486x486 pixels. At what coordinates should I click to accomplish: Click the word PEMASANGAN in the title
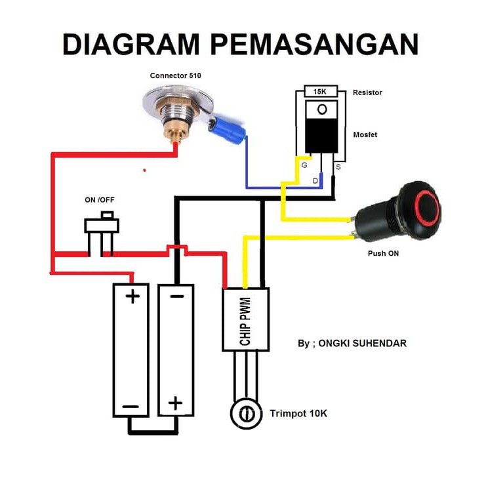coord(315,44)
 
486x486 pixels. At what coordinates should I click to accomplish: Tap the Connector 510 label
coord(175,75)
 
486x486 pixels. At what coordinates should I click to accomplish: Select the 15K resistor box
coord(321,92)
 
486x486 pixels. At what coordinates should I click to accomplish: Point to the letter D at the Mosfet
coord(315,180)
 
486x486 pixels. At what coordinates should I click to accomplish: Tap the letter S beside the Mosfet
coord(338,167)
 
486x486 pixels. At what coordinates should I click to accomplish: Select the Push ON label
coord(383,253)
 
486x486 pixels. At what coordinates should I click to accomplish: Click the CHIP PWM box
coord(245,318)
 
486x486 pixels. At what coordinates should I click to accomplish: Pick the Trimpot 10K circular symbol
coord(245,414)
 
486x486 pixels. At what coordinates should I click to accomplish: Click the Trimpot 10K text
coord(298,414)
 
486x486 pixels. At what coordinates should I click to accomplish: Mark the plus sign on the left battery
coord(132,296)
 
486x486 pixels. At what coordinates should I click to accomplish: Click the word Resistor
coord(367,92)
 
